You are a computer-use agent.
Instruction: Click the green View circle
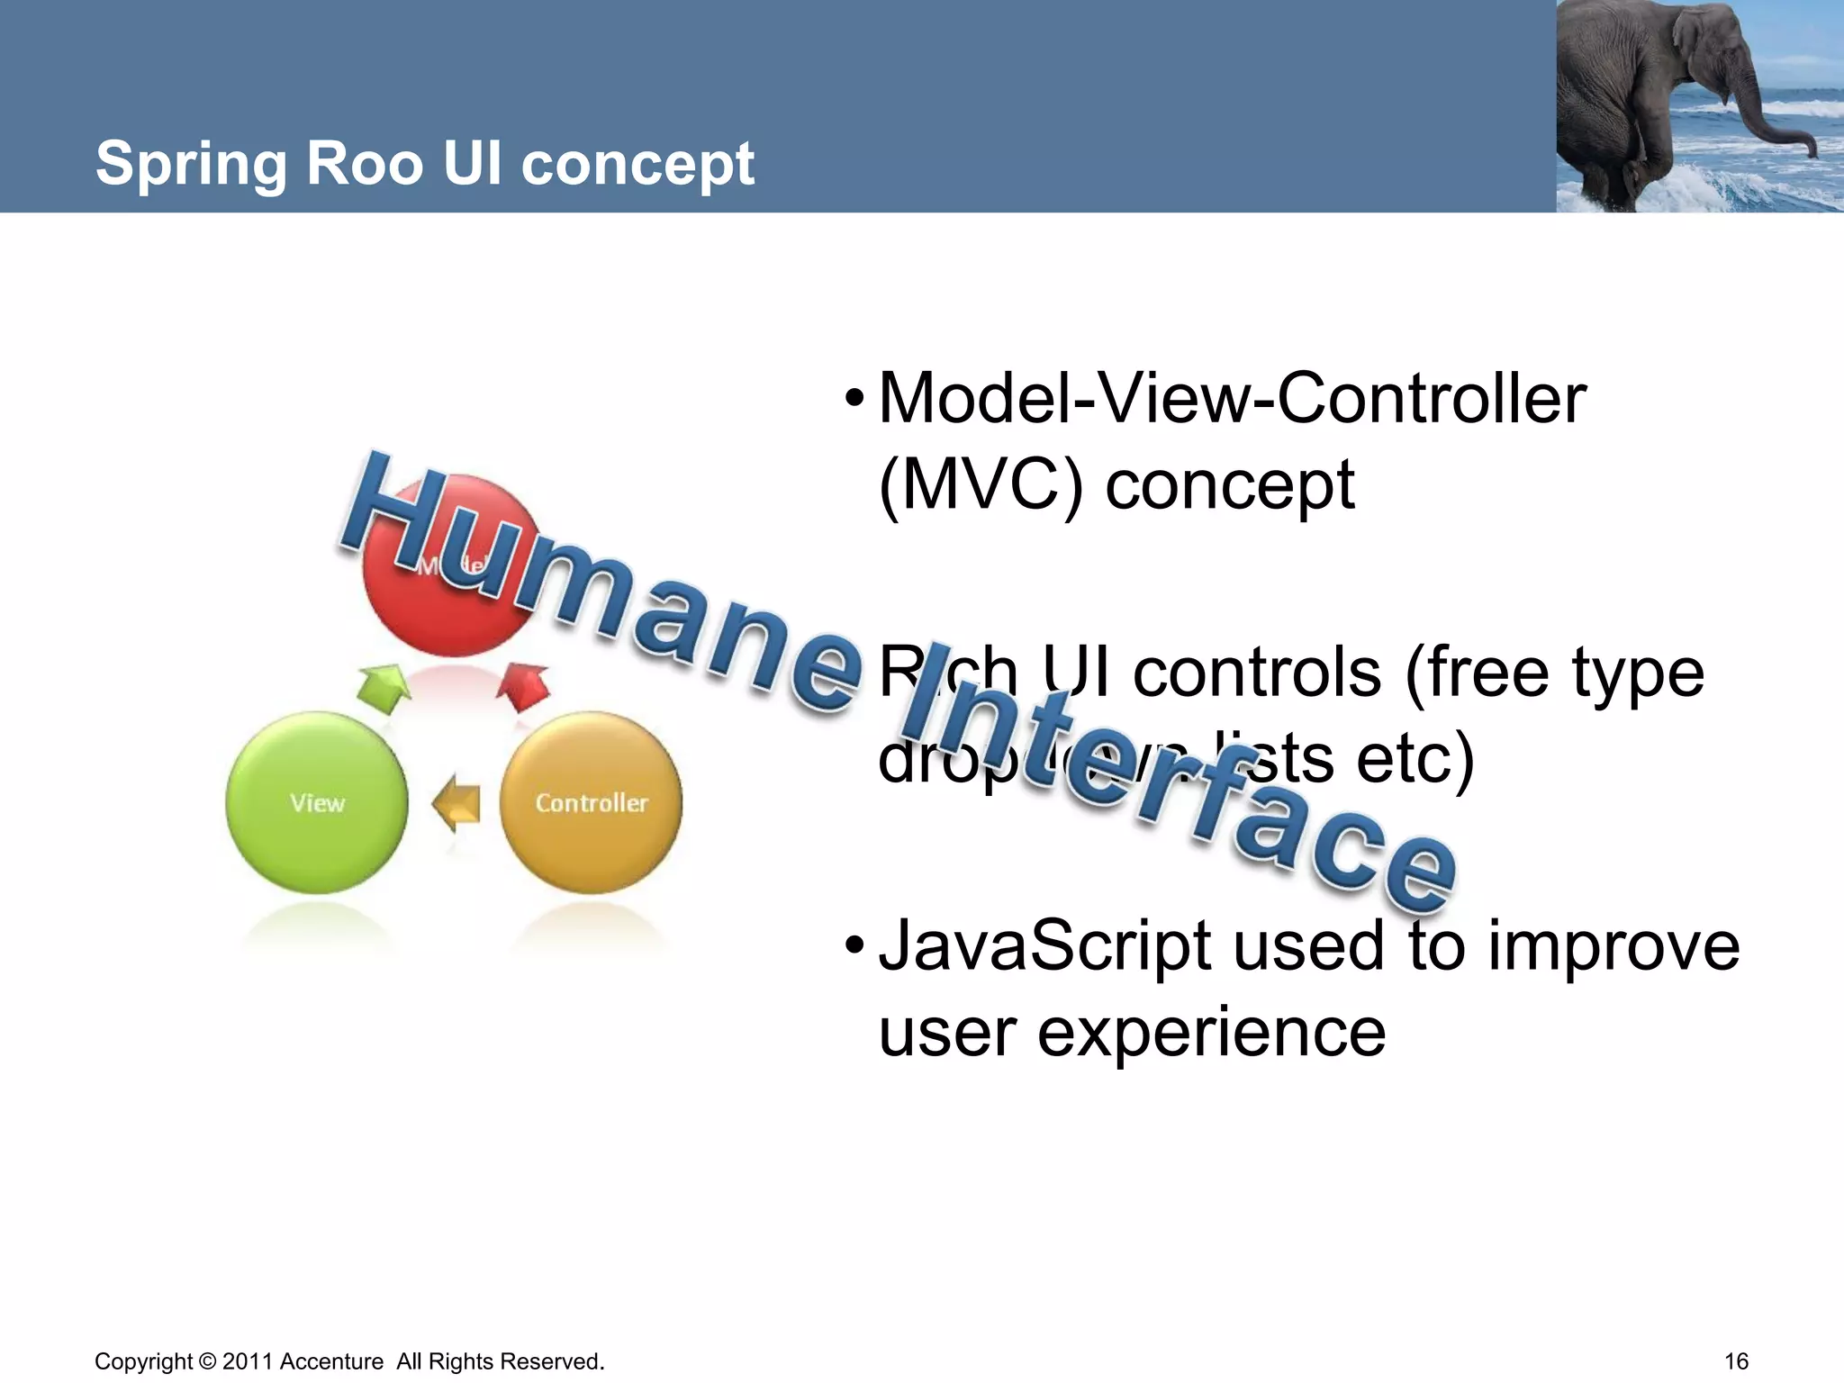[x=316, y=802]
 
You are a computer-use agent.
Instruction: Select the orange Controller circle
[x=591, y=802]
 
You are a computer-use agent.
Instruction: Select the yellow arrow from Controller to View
[x=456, y=802]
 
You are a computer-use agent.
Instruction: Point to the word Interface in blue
[x=1180, y=783]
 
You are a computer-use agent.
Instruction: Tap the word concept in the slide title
[x=637, y=164]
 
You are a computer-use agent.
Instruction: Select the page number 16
[x=1736, y=1361]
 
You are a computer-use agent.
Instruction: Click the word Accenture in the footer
[x=331, y=1361]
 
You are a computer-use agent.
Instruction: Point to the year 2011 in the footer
[x=248, y=1361]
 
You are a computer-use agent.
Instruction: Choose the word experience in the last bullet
[x=1211, y=1034]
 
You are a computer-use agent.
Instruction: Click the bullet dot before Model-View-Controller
[x=854, y=399]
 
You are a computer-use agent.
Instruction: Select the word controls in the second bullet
[x=1256, y=673]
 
